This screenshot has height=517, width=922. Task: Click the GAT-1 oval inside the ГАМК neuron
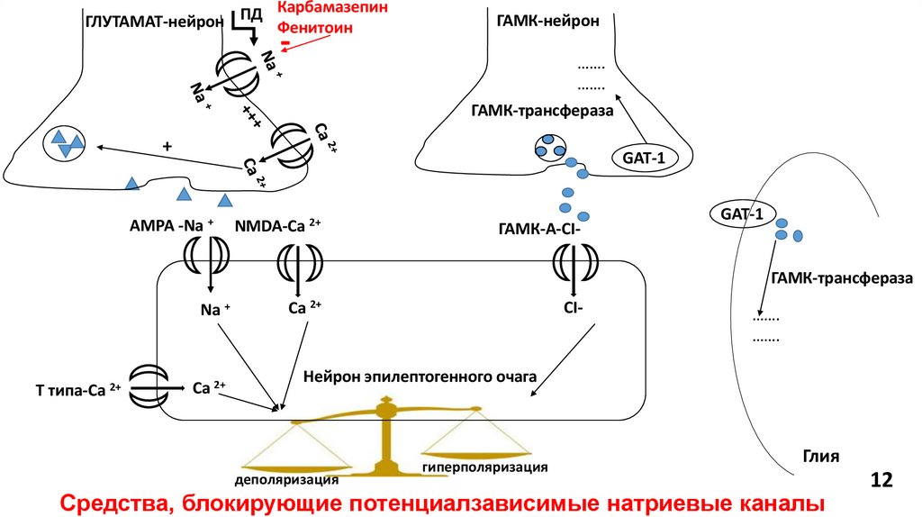pos(642,157)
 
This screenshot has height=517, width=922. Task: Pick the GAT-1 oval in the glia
pos(741,213)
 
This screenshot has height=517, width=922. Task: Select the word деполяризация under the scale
pos(287,478)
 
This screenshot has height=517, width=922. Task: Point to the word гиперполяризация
pos(484,468)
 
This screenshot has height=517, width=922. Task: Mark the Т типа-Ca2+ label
pos(77,388)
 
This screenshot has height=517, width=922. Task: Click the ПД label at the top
pos(250,15)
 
